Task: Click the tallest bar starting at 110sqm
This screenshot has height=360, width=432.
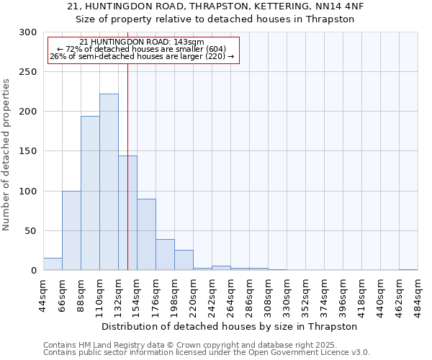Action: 109,182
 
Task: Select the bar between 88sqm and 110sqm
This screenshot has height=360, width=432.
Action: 90,193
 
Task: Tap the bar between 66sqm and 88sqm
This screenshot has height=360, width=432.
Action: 71,230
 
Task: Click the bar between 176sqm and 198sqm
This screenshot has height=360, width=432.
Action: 165,255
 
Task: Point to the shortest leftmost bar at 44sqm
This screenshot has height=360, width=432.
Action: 53,264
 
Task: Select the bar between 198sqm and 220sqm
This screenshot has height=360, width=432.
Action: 184,261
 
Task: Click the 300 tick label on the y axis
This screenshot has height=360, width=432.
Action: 28,32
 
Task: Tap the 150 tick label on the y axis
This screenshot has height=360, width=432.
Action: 28,152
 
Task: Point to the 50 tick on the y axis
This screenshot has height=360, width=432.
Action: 31,231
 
